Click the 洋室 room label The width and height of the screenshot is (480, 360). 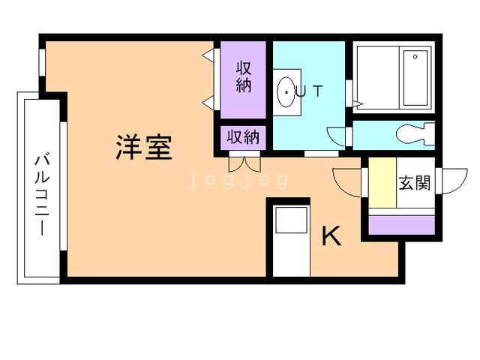coord(144,146)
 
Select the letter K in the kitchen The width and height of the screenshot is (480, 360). coord(331,236)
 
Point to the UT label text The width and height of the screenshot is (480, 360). coord(310,92)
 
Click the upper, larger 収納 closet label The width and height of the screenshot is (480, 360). coord(244,76)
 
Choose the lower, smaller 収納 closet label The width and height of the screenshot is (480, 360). coord(244,137)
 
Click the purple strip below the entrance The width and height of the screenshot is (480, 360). coord(402,224)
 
